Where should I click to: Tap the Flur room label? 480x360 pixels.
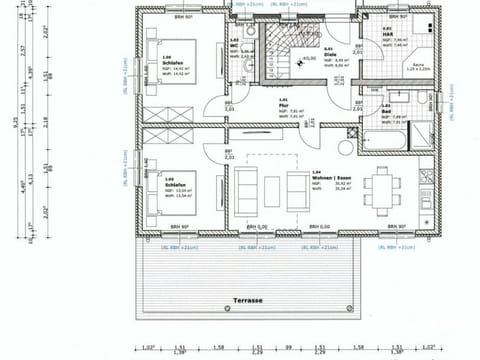(284, 106)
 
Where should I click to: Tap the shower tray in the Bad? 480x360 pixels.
(424, 104)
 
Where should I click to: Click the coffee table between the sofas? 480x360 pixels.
(272, 187)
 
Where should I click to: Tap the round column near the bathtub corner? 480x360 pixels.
(346, 147)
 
